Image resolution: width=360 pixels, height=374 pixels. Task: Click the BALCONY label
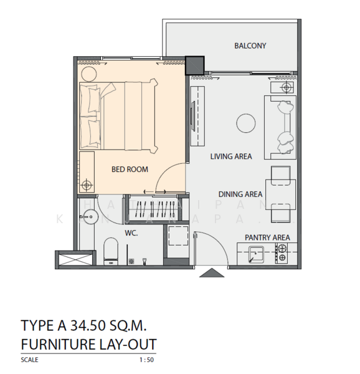pyautogui.click(x=250, y=46)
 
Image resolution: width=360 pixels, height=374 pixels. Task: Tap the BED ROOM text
pyautogui.click(x=130, y=169)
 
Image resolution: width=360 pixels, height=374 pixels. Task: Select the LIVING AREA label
pyautogui.click(x=230, y=156)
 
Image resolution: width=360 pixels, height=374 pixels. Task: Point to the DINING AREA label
pyautogui.click(x=240, y=194)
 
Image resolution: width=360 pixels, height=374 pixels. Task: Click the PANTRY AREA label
pyautogui.click(x=267, y=237)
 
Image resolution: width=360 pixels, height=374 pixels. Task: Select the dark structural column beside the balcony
pyautogui.click(x=196, y=65)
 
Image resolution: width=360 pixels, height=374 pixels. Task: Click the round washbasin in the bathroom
pyautogui.click(x=88, y=219)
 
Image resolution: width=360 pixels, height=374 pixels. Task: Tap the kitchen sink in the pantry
pyautogui.click(x=256, y=254)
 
